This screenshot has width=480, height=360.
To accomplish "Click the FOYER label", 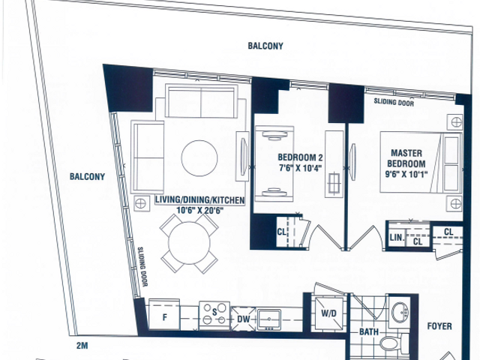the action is (x=439, y=326).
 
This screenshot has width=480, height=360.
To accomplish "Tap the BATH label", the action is (x=368, y=331).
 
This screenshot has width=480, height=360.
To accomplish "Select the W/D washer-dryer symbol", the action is (x=328, y=313).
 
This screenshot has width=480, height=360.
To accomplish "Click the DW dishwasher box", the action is (x=243, y=319).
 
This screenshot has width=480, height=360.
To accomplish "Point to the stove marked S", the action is (x=214, y=316).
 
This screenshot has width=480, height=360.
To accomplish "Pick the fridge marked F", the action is (x=164, y=315).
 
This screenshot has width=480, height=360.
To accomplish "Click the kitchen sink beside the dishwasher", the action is (x=269, y=319).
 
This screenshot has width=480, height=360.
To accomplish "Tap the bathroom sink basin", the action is (x=400, y=311).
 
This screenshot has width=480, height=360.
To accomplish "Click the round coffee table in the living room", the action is (x=199, y=158).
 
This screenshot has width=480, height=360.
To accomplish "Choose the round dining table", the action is (x=189, y=243).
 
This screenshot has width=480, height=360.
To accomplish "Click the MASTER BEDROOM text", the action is (x=406, y=158).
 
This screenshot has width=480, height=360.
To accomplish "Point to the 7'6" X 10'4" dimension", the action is (x=301, y=168).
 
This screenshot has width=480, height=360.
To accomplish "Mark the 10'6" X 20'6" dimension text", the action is (x=200, y=210).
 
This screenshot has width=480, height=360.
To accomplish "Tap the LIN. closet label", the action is (x=397, y=238).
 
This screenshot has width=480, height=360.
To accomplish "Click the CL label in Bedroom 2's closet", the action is (x=282, y=232).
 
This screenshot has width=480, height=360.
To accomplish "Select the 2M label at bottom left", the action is (x=82, y=346).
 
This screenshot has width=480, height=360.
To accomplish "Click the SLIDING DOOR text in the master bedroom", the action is (x=394, y=102).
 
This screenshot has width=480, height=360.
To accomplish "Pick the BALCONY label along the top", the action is (x=265, y=46).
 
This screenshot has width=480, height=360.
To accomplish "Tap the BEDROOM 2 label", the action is (x=300, y=157).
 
